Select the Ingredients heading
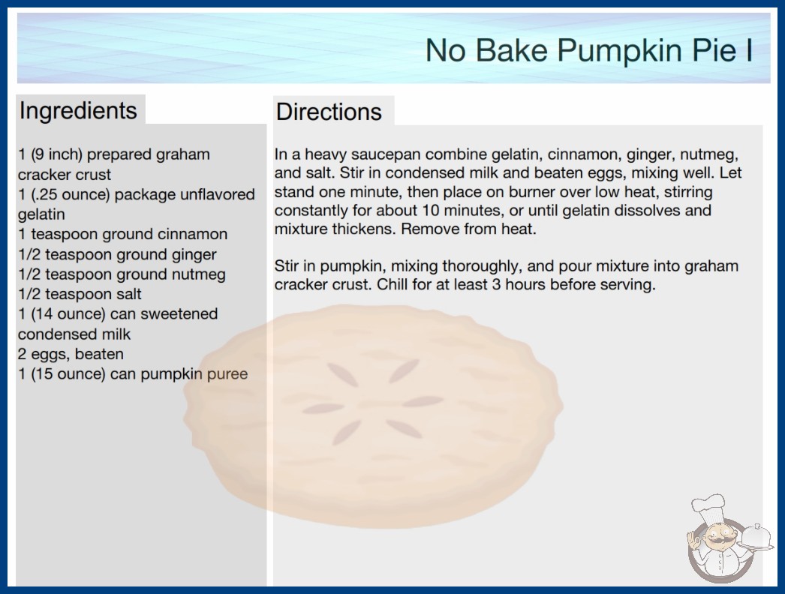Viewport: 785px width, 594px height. [x=78, y=111]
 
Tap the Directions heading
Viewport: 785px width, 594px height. [x=329, y=112]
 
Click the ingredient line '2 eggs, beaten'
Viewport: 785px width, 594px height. [x=71, y=354]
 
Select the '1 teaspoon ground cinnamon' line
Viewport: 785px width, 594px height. [x=122, y=234]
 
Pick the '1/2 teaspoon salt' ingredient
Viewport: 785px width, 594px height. [x=80, y=294]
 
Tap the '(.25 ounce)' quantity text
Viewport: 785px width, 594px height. [x=71, y=195]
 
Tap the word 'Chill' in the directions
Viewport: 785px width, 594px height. [x=392, y=285]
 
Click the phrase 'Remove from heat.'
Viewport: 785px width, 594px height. [x=468, y=229]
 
